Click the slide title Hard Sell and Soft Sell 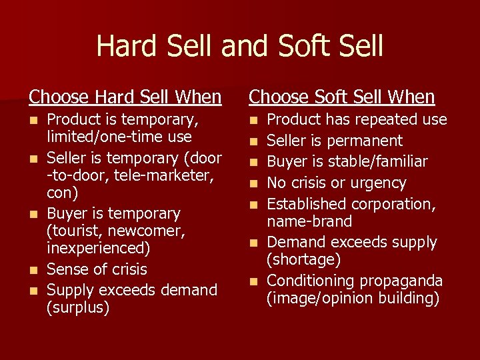coord(240,45)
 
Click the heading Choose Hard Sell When coord(125,97)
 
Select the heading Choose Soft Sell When coord(341,97)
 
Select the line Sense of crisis coord(97,269)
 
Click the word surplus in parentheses coord(77,308)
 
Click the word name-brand coord(310,221)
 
